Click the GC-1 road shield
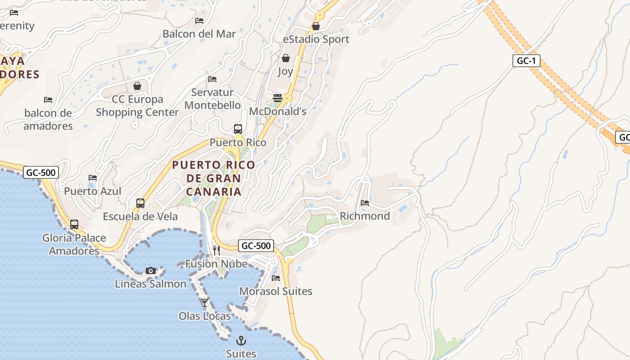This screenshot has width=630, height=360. (526, 61)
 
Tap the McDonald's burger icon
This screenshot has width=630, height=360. (278, 98)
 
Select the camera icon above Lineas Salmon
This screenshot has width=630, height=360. (151, 270)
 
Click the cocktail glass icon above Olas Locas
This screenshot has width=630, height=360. (205, 302)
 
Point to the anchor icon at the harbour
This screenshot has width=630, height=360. (241, 340)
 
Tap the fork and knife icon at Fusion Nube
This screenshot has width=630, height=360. (216, 250)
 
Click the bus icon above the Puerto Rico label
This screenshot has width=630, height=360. (238, 129)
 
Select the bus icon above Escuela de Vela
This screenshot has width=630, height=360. (140, 203)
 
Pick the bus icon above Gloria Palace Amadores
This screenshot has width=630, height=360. (74, 224)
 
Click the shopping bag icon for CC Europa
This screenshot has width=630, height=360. (137, 85)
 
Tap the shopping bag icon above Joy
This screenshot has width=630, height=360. (285, 58)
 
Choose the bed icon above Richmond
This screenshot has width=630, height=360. (365, 202)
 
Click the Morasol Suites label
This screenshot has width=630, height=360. (275, 291)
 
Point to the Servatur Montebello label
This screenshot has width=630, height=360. (212, 99)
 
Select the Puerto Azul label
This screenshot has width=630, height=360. (93, 191)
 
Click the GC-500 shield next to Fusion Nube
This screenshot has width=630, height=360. (256, 246)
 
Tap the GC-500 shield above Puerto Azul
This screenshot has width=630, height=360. (41, 172)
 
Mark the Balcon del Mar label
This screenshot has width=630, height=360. (199, 34)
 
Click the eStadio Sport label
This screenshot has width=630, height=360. (316, 39)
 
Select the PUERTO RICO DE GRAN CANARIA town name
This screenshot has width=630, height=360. (214, 178)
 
